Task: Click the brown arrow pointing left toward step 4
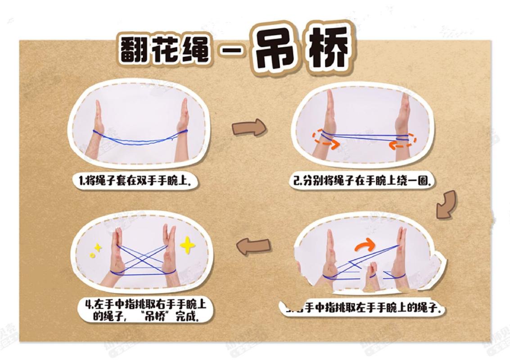tap(254, 246)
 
